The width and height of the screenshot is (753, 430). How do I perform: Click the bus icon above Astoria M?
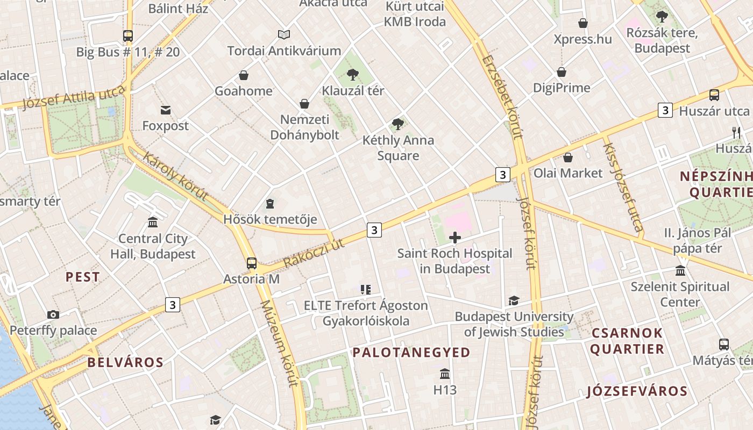(x=251, y=263)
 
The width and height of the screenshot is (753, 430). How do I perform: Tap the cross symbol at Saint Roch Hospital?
(x=455, y=237)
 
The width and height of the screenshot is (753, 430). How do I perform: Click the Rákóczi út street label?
(x=314, y=253)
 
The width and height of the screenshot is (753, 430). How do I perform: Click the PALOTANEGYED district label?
(x=411, y=353)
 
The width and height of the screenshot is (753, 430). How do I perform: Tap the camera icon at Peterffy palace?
(x=53, y=314)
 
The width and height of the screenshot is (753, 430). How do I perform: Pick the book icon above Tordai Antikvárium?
(x=284, y=35)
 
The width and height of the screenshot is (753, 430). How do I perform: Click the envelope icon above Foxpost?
(x=165, y=110)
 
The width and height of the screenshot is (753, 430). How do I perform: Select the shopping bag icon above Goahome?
(x=244, y=75)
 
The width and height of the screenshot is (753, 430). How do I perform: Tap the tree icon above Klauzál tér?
(x=353, y=75)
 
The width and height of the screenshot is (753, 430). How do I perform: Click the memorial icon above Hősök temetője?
(x=269, y=204)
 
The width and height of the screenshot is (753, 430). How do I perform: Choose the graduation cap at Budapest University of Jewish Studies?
(x=514, y=301)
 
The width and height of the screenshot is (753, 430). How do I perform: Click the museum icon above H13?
(x=445, y=374)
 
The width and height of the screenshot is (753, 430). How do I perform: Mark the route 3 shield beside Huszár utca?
(x=665, y=111)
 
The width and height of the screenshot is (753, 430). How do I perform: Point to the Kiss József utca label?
(x=623, y=188)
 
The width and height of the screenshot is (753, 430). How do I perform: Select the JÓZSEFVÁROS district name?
(x=637, y=391)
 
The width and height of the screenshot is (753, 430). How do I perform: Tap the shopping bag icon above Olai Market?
(x=567, y=157)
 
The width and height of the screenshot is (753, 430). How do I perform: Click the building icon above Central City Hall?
(x=153, y=223)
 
